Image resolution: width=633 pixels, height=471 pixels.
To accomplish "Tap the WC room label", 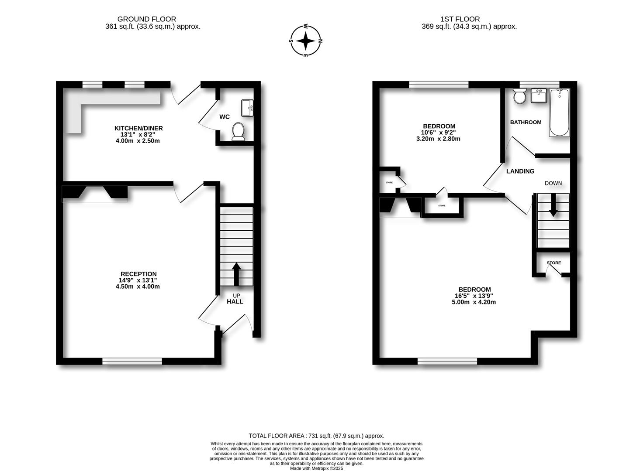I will pos(225,117).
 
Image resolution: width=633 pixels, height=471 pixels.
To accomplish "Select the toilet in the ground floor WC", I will pos(239,131).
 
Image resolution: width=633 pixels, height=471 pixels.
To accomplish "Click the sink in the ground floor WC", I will pos(247,108).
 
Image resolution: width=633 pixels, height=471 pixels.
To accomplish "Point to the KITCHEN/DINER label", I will pos(138,128).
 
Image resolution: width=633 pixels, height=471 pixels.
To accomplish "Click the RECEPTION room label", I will pos(138,274).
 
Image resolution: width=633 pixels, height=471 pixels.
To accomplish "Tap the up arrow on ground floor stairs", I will pos(236,273).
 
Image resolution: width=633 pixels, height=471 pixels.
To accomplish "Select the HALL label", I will pos(235,301).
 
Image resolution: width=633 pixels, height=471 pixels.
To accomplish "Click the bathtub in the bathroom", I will pos(560,113).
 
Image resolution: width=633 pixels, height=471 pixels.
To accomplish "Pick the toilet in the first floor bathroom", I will pos(520,96).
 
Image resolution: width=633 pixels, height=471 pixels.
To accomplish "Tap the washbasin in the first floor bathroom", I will pos(539,96).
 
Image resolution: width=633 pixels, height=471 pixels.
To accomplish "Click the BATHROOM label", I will pos(526,122).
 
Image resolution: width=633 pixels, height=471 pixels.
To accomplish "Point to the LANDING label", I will pos(520,171).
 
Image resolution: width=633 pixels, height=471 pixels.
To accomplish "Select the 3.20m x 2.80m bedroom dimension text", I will pos(438,139).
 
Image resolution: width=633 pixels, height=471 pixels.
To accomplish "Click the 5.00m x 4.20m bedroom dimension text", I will pos(474,302).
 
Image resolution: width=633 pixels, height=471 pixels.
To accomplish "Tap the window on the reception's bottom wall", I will pos(132,361).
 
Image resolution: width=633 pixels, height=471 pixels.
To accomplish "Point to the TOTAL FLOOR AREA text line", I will pos(316,436).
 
